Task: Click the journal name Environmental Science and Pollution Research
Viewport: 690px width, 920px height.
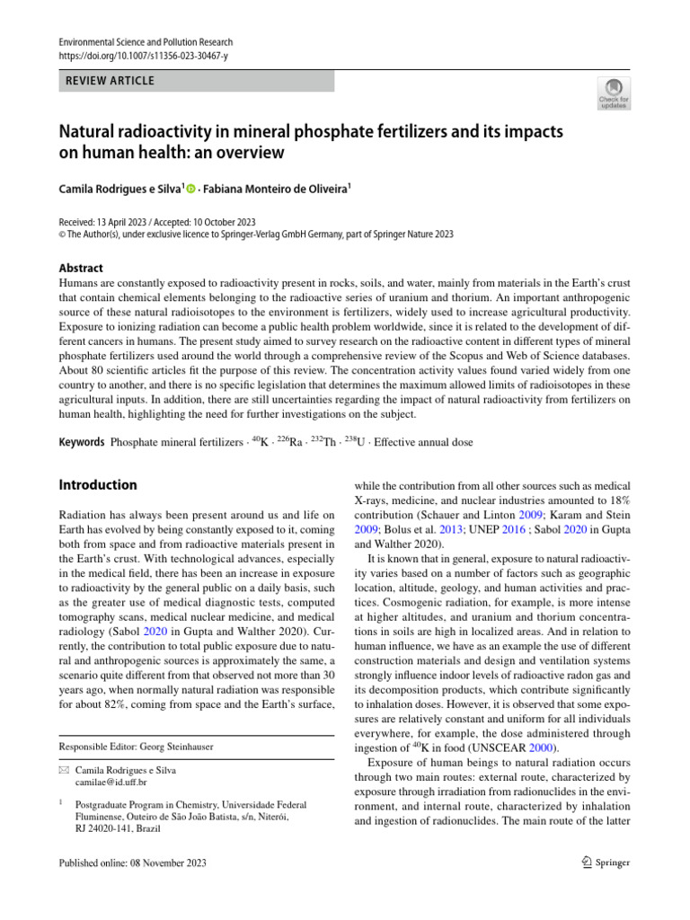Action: [x=145, y=41]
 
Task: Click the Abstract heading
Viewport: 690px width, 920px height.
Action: [x=81, y=268]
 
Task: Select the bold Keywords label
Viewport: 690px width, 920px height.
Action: [x=81, y=442]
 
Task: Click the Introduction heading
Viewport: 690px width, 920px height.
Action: [x=98, y=485]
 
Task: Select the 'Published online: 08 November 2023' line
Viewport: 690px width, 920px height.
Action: [x=132, y=863]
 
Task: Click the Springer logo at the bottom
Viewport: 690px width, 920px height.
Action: [x=604, y=863]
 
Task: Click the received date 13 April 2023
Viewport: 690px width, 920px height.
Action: [x=131, y=222]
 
